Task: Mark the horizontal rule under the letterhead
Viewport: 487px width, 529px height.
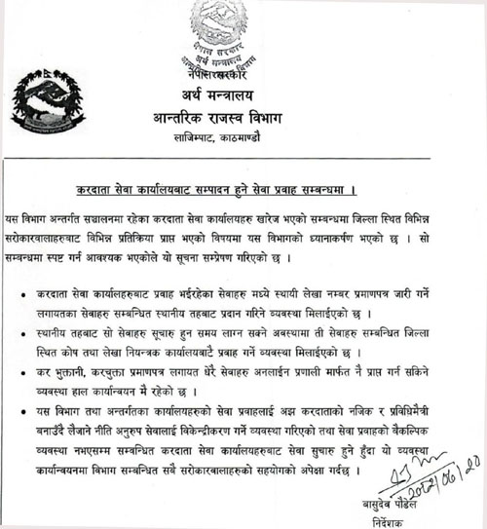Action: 243,161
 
